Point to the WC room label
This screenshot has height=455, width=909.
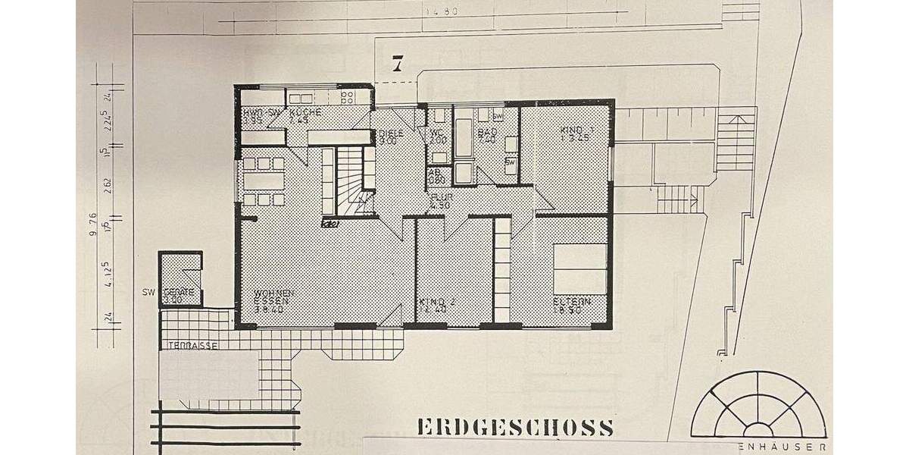[x=437, y=132]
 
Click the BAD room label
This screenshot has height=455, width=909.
[x=486, y=132]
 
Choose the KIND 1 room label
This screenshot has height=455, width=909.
[x=576, y=130]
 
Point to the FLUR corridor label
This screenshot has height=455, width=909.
[x=441, y=196]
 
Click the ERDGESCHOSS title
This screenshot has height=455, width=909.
[x=515, y=427]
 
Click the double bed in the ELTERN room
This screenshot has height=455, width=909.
[x=580, y=268]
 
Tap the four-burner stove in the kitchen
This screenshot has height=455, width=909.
[x=348, y=97]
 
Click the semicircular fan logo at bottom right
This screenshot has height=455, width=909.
[x=758, y=406]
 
